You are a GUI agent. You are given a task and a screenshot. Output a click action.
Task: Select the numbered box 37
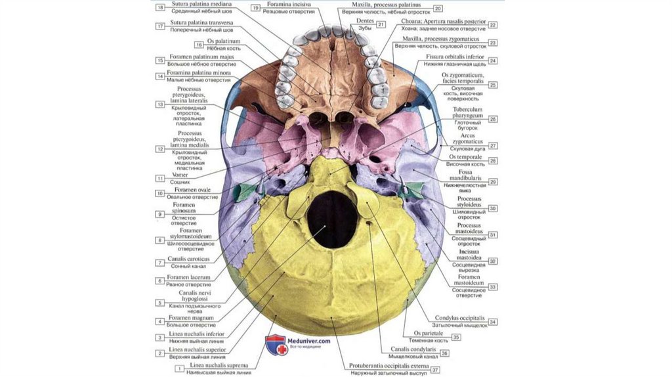434,370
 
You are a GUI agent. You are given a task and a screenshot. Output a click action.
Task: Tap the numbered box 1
178,369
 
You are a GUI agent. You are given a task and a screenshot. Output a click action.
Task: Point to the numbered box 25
493,85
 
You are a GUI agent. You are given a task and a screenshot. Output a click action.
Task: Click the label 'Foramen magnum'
191,318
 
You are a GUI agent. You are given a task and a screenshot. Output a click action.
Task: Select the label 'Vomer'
180,175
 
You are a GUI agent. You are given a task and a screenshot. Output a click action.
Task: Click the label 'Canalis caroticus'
188,259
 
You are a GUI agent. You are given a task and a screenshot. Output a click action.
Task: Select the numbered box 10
160,193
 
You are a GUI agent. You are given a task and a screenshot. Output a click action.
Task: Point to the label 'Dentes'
364,21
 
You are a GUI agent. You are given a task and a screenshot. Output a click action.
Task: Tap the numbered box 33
493,286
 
